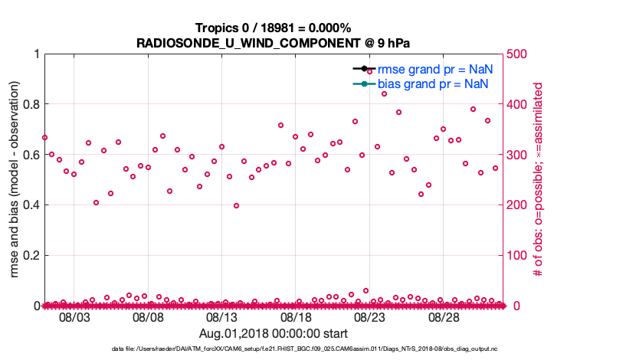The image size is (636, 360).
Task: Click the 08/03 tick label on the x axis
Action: [x=74, y=317]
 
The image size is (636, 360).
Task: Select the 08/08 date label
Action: [x=148, y=317]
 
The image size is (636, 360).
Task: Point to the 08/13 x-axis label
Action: [x=222, y=317]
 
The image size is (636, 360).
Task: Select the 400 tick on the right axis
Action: [x=519, y=104]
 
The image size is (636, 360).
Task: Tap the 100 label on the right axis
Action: [x=519, y=255]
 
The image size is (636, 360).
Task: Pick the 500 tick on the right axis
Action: [x=519, y=54]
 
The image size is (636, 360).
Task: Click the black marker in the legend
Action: [x=364, y=69]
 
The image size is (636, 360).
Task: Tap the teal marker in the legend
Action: [x=364, y=83]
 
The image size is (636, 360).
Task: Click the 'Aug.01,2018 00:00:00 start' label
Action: [x=274, y=333]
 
